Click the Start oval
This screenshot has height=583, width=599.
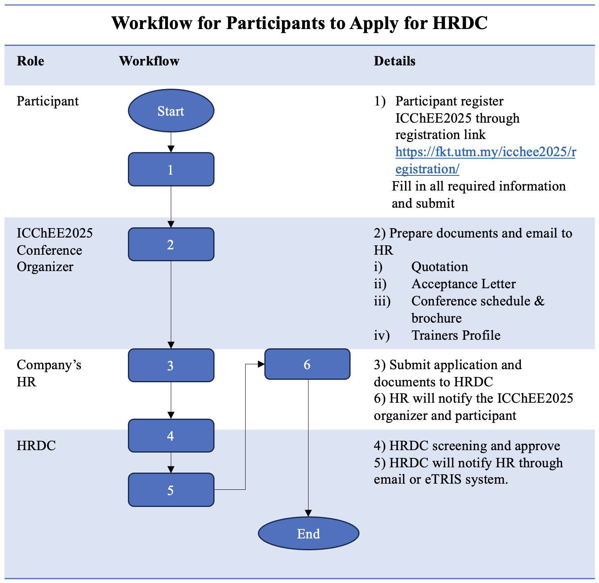171,111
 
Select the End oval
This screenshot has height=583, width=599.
308,534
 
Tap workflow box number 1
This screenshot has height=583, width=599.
171,169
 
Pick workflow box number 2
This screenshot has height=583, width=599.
171,244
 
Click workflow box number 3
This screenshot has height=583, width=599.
171,365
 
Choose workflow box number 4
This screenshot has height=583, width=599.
171,436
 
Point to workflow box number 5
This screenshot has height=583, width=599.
171,490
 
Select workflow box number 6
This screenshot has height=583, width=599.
307,364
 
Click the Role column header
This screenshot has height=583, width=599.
31,61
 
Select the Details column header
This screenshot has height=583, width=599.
394,61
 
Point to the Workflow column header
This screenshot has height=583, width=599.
149,61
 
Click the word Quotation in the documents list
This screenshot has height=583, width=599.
440,267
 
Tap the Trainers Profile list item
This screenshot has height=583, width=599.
456,335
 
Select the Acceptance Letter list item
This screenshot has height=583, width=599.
463,284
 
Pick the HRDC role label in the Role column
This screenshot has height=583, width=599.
36,445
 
